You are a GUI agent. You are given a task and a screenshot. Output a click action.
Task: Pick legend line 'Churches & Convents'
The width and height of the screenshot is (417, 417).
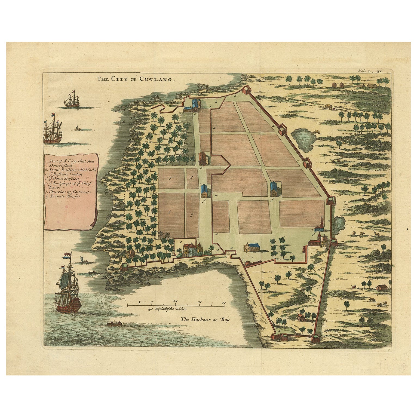click(x=69, y=192)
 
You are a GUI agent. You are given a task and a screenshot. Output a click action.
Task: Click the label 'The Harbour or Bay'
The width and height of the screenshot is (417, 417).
click(x=204, y=320)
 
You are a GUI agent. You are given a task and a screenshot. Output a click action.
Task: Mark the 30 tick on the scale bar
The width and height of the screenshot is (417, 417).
click(x=200, y=302)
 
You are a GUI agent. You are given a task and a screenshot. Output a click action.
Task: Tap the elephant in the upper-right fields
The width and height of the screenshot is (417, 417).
click(x=328, y=106)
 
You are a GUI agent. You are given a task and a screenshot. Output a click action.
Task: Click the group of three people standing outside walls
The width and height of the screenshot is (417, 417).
click(x=354, y=286)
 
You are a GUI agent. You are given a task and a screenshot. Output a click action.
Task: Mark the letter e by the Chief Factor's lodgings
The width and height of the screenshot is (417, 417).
click(x=181, y=241)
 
